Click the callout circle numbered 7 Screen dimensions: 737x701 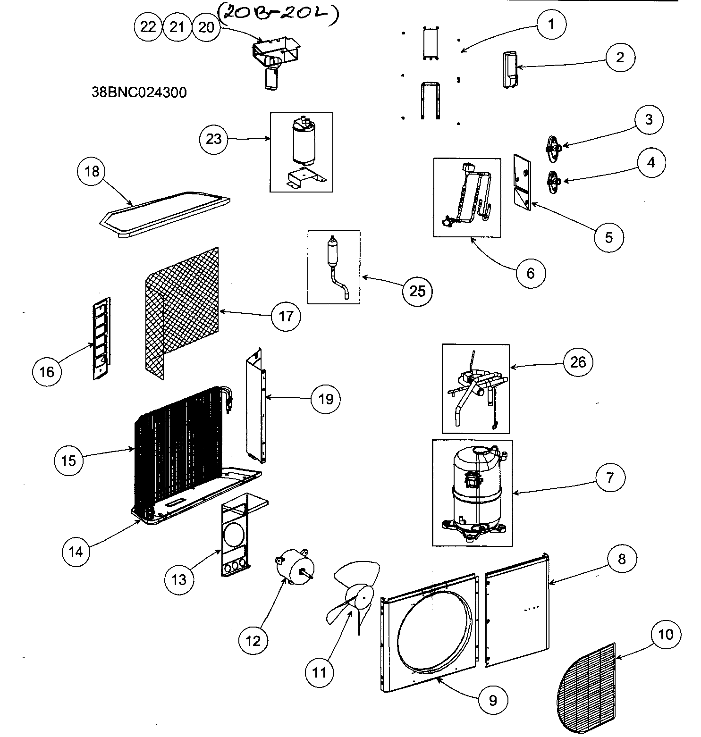(610, 477)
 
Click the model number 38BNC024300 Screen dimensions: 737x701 (139, 92)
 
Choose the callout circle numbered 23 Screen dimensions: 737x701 (214, 139)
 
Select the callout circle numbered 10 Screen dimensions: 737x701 (665, 635)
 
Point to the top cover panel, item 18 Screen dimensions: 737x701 (165, 215)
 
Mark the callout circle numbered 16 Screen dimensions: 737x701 (47, 372)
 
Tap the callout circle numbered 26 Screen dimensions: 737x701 (578, 362)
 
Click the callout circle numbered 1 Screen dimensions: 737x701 (550, 24)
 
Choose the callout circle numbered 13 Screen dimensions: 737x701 (179, 579)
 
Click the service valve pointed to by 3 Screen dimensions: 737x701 (553, 148)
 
